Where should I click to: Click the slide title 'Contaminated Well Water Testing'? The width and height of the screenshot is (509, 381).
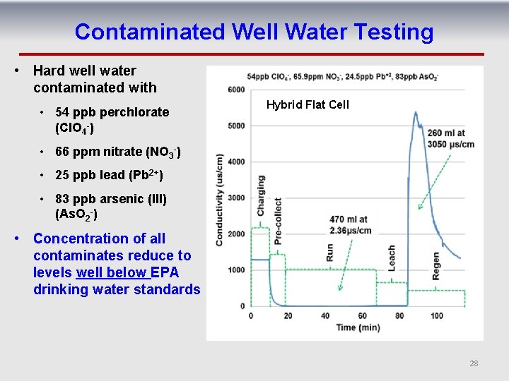point(254,32)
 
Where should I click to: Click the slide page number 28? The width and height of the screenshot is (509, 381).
point(474,363)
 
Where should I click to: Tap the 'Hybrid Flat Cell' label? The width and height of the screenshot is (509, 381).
point(308,105)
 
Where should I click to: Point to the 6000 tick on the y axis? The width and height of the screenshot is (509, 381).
point(236,90)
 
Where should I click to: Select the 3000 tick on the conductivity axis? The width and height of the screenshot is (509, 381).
point(236,198)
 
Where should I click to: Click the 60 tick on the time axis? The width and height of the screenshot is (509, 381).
point(362,315)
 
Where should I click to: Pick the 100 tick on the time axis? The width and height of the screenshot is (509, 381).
point(437,315)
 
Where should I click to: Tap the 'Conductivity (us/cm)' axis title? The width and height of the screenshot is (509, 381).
point(220,200)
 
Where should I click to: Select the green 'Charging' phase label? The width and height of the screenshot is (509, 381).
point(260,195)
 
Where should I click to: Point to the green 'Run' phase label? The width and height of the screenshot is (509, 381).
point(329,253)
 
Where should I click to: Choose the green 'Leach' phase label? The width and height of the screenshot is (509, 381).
point(392,261)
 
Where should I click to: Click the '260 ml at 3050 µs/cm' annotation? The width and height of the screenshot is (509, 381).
point(450,138)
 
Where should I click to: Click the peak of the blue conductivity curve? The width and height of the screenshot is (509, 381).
point(412,124)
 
